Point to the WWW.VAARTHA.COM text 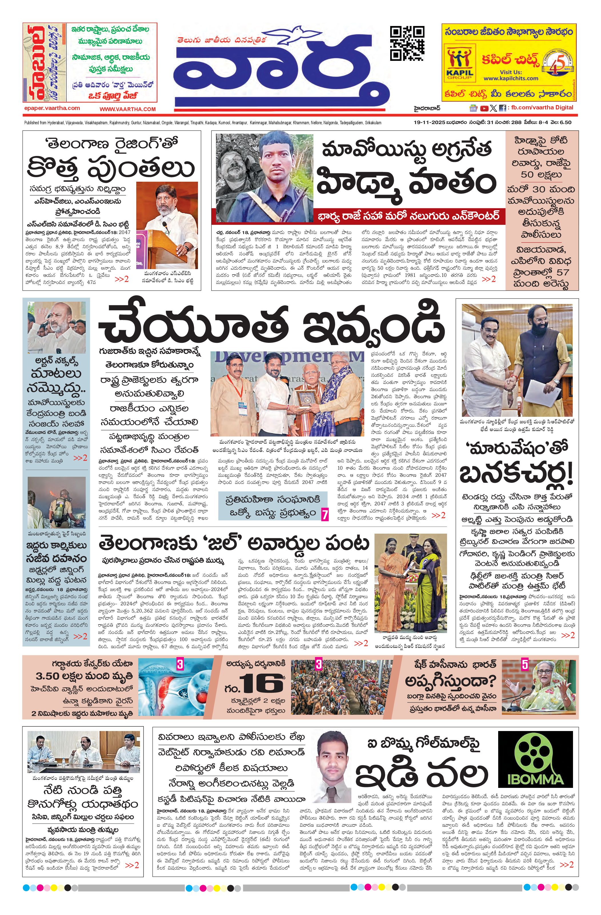pyautogui.click(x=128, y=109)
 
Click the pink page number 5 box pyautogui.click(x=525, y=664)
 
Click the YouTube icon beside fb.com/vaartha pyautogui.click(x=484, y=109)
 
